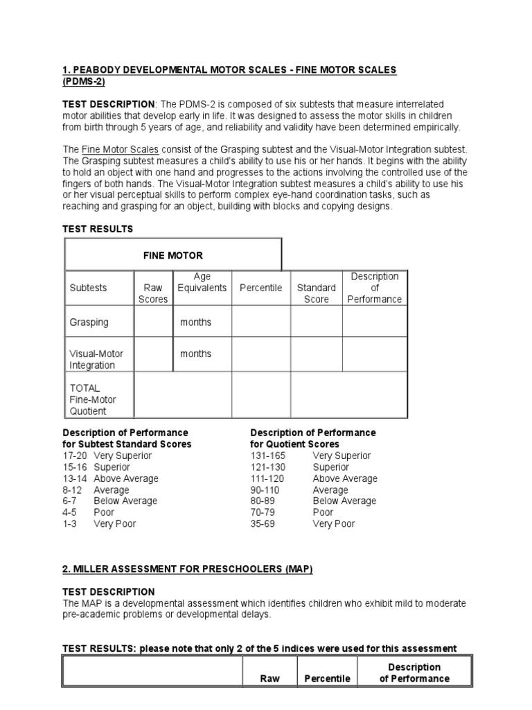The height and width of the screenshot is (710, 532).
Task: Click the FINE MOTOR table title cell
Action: tap(172, 255)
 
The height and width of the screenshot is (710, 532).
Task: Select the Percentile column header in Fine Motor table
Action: tap(260, 288)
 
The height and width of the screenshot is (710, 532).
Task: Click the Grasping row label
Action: tap(89, 322)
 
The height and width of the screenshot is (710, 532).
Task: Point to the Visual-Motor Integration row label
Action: tap(96, 359)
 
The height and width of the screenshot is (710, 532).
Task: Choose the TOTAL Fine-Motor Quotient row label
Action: tap(93, 399)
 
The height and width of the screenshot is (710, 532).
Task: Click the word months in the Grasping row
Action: tap(196, 322)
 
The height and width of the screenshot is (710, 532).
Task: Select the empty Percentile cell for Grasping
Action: tap(260, 322)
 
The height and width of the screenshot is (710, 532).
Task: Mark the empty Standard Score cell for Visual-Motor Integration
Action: tap(316, 354)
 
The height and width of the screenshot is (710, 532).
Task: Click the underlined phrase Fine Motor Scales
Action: tap(121, 150)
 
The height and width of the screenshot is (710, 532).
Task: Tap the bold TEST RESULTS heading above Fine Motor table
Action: tap(98, 229)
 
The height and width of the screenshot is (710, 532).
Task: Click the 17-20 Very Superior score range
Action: tap(107, 456)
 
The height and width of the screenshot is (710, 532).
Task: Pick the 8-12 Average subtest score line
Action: tap(96, 490)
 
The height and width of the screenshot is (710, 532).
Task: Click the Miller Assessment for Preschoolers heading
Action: tap(188, 569)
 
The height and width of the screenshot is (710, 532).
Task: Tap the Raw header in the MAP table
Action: tap(269, 679)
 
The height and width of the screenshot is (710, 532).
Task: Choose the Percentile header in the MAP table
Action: tap(327, 679)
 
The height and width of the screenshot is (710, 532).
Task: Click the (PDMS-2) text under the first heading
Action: tap(85, 81)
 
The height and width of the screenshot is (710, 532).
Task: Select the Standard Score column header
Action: tap(316, 293)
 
